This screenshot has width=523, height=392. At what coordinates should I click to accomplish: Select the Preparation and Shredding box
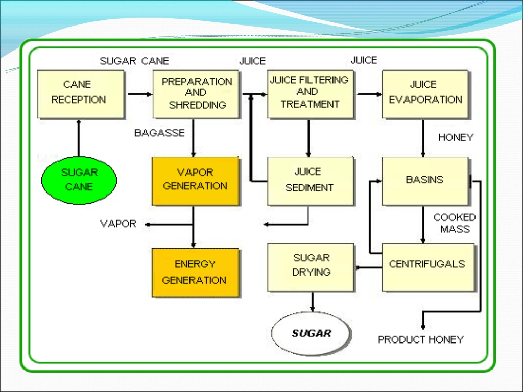pyautogui.click(x=196, y=94)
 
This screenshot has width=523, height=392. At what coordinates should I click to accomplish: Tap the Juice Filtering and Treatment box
pyautogui.click(x=311, y=94)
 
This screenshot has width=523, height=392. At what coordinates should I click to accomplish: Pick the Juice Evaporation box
pyautogui.click(x=425, y=94)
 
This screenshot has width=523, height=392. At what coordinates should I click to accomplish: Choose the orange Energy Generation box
pyautogui.click(x=195, y=272)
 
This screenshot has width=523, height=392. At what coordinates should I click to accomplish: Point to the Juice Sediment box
pyautogui.click(x=311, y=181)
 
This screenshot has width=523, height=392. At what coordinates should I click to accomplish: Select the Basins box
pyautogui.click(x=425, y=181)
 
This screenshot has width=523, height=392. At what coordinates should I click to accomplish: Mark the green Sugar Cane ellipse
pyautogui.click(x=79, y=180)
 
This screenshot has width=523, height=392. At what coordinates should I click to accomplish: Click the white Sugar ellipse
pyautogui.click(x=311, y=334)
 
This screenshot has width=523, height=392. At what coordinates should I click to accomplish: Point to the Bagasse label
pyautogui.click(x=159, y=133)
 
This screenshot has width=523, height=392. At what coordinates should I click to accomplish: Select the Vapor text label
pyautogui.click(x=118, y=224)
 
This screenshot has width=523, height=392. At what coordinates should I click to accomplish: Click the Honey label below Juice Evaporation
pyautogui.click(x=456, y=137)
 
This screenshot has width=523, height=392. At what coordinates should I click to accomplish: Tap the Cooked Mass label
pyautogui.click(x=455, y=223)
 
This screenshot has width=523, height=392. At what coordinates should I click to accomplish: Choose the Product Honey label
pyautogui.click(x=420, y=339)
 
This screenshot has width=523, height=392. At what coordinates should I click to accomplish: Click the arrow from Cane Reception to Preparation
pyautogui.click(x=139, y=94)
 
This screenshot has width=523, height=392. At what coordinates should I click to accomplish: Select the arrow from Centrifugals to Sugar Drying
pyautogui.click(x=368, y=267)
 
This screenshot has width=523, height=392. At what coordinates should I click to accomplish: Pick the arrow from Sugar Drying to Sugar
pyautogui.click(x=312, y=301)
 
